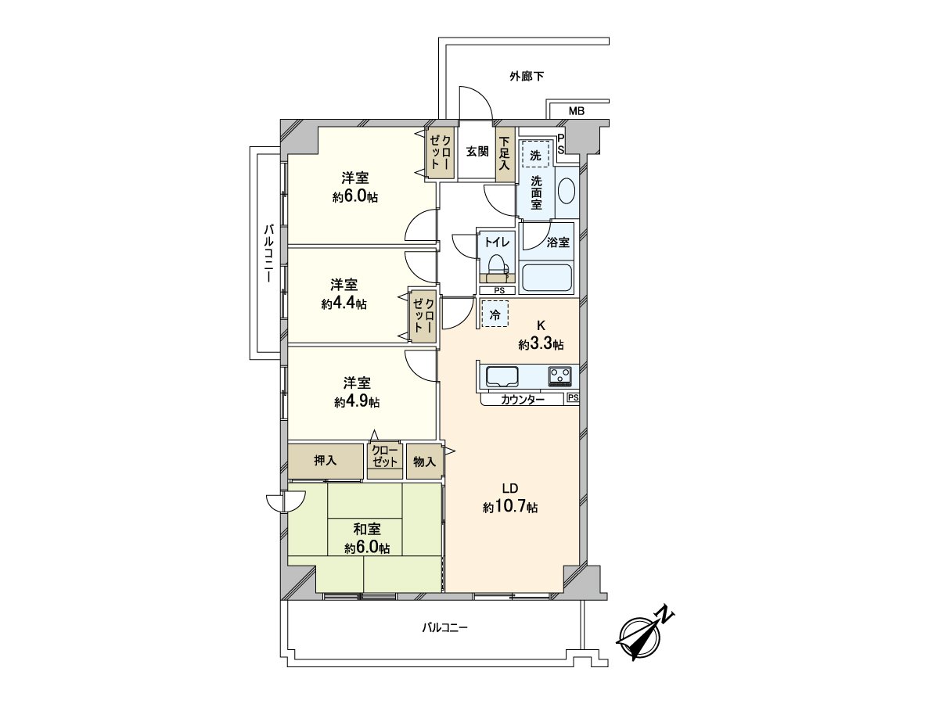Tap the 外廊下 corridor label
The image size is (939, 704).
click(x=527, y=77)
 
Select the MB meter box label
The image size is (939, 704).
click(x=577, y=111)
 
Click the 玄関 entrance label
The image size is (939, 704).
click(x=477, y=151)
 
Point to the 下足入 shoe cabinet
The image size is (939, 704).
click(x=505, y=154)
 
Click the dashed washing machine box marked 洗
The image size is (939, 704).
click(x=535, y=155)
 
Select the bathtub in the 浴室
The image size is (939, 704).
click(x=546, y=277)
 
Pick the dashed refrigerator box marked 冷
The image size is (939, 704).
click(x=495, y=314)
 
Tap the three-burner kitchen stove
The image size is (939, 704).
click(x=560, y=376)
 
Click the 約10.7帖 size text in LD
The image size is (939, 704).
click(x=510, y=507)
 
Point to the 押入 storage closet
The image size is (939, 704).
click(x=326, y=461)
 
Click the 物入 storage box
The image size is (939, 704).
click(x=424, y=462)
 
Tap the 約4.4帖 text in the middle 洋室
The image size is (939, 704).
click(x=344, y=304)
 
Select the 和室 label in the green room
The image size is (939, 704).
click(x=367, y=530)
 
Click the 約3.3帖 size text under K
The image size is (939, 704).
click(x=541, y=344)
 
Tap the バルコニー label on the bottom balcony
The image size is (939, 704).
click(x=444, y=627)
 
